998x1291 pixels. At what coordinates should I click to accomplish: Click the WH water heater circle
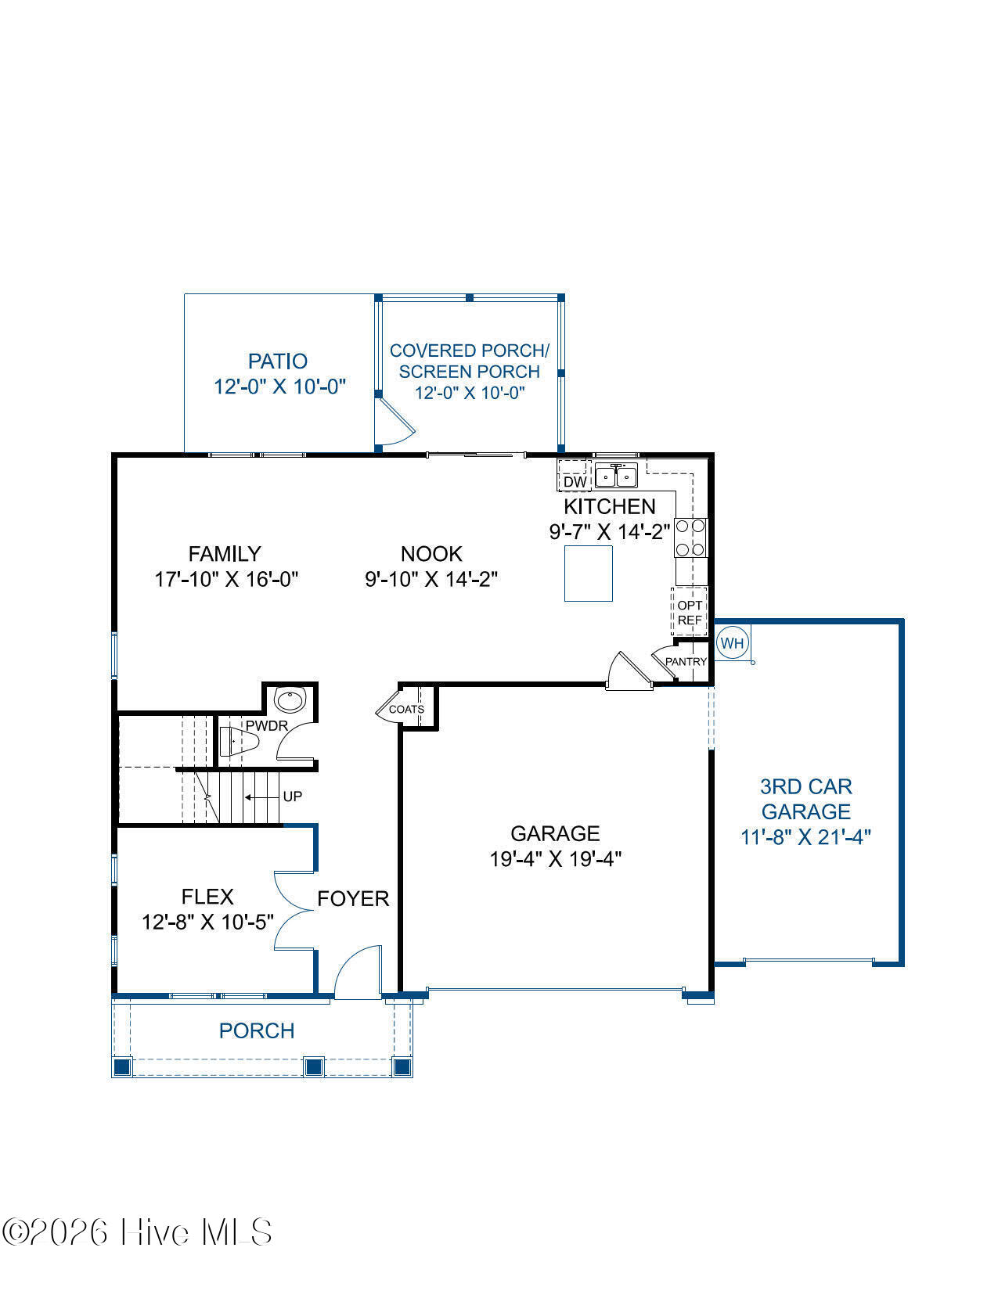coord(732,643)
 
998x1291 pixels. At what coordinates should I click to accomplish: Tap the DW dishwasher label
coord(575,482)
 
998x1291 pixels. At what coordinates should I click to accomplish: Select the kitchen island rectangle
coord(589,574)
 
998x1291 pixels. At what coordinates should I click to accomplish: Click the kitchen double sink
coord(616,476)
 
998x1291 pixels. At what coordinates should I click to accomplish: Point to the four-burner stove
coord(690,537)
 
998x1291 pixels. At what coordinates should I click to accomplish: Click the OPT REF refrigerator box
coord(690,613)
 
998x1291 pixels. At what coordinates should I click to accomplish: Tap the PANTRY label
coord(686,661)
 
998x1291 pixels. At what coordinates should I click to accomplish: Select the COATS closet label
coord(406,710)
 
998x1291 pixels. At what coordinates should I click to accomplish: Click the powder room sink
coord(290,699)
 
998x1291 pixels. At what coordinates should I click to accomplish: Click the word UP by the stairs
coord(293,796)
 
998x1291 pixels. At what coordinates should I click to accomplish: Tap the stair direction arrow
coord(262,797)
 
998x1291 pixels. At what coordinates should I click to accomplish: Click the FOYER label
coord(353,898)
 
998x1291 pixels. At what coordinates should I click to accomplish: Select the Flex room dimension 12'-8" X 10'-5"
coord(207,922)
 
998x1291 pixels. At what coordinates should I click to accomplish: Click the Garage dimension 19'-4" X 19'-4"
coord(555,859)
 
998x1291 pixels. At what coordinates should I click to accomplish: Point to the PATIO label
coord(278,361)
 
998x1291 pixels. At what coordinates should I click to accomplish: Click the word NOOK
coord(431,554)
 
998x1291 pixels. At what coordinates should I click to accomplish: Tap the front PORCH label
coord(257,1030)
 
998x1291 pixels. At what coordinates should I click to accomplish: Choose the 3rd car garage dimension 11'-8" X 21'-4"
coord(805,837)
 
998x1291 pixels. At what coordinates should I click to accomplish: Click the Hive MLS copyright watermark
coord(137,1232)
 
